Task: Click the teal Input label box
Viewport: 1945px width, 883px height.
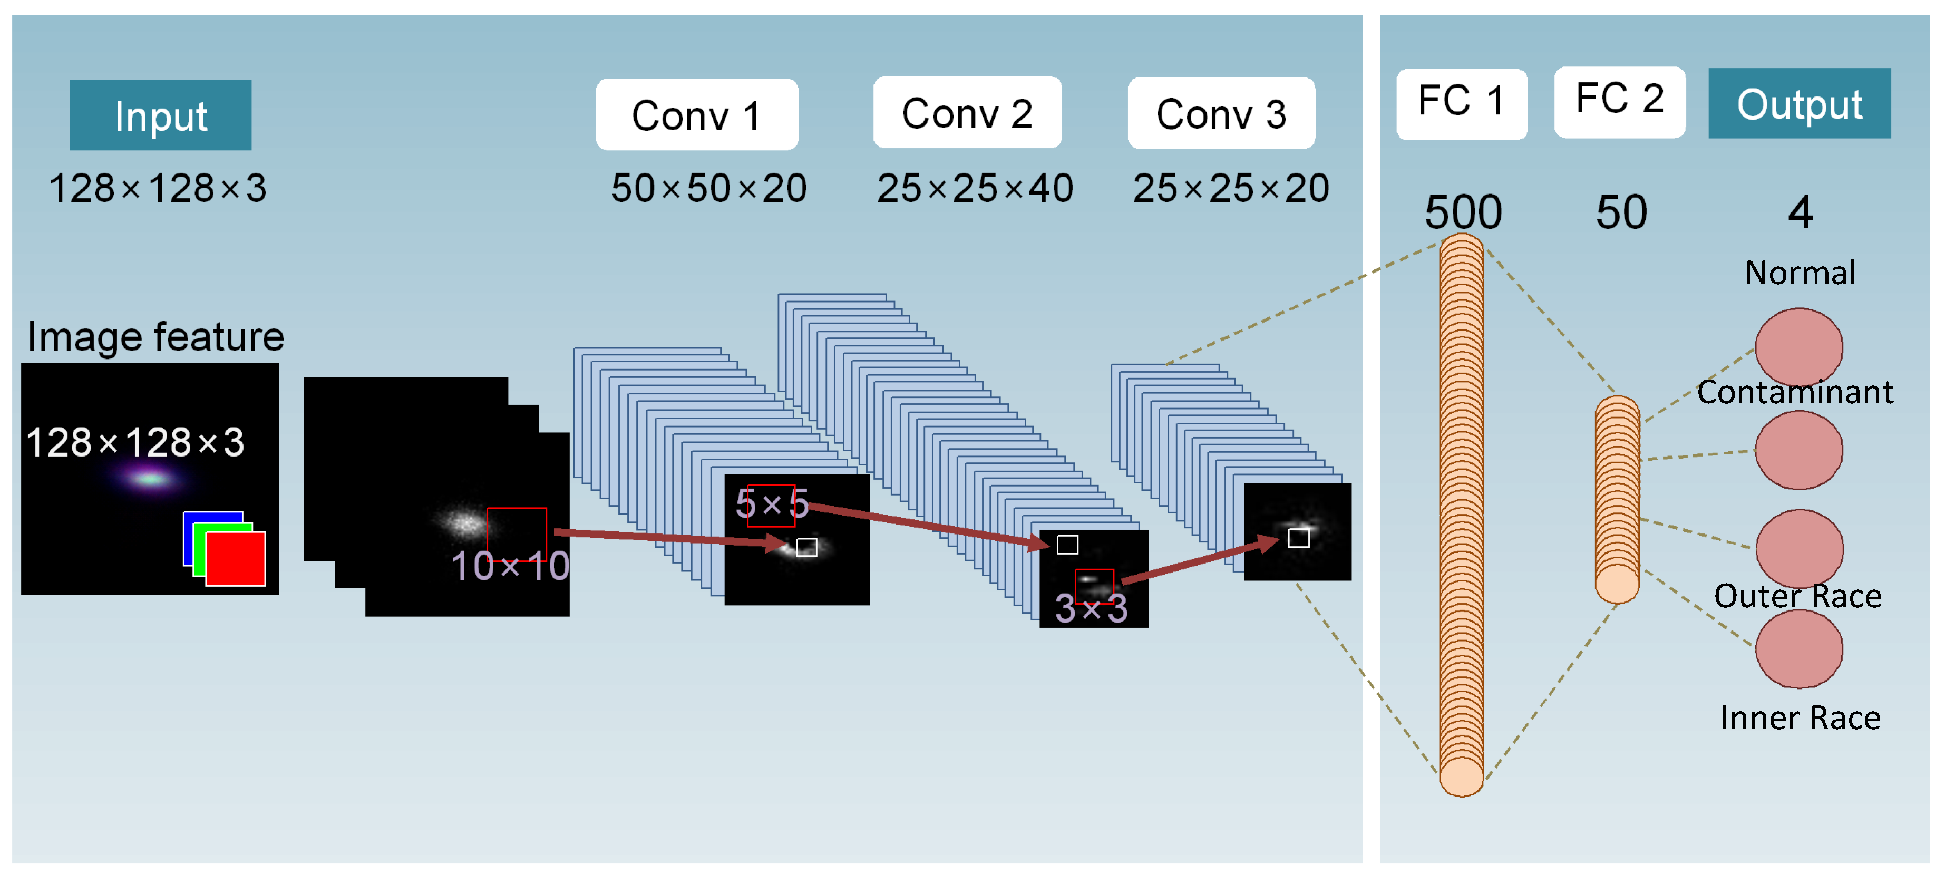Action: coord(160,115)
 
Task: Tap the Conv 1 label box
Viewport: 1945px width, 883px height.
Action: coord(696,115)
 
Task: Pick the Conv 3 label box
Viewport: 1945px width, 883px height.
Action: coord(1221,114)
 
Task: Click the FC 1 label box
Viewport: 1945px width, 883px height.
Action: coord(1461,103)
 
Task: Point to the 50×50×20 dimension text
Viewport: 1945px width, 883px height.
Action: coord(708,188)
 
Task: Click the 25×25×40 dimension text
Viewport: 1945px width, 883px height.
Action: coord(974,188)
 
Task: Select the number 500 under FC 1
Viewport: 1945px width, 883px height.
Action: coord(1463,212)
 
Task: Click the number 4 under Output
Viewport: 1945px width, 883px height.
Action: coord(1800,212)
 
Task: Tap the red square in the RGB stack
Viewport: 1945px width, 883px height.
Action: coord(236,559)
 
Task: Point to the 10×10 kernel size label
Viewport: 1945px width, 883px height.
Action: coord(510,566)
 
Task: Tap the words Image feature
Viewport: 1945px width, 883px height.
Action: coord(155,337)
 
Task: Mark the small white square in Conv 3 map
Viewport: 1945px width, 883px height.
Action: coord(1298,538)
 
